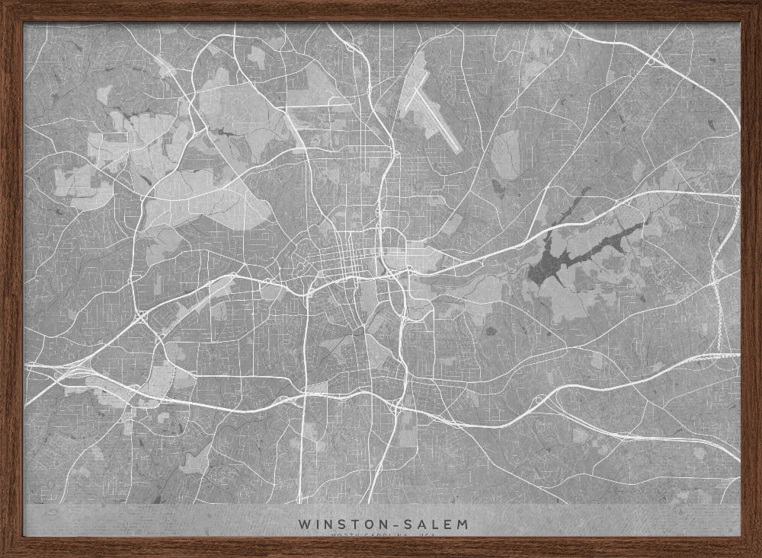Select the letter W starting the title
305,525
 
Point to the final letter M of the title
463,525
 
